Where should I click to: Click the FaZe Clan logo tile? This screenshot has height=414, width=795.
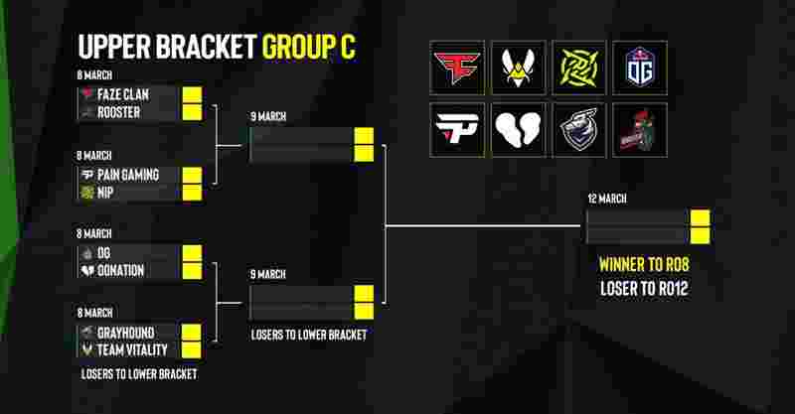[x=457, y=68]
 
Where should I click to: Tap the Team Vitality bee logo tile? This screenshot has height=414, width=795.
[x=518, y=68]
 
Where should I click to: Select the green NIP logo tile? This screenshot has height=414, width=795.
[x=579, y=68]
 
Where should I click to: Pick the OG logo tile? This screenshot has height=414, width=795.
[x=640, y=68]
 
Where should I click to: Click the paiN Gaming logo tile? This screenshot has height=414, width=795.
[x=457, y=130]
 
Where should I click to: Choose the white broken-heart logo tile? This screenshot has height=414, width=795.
[x=518, y=130]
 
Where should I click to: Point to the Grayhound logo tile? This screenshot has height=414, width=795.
[x=579, y=130]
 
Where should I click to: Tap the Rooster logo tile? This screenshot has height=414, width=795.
[x=640, y=130]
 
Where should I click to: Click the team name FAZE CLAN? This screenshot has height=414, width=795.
[x=123, y=94]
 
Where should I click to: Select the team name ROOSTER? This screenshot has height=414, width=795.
[x=118, y=112]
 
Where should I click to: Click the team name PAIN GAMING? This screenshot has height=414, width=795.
[x=128, y=175]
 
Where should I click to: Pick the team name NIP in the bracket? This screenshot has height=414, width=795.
[x=105, y=193]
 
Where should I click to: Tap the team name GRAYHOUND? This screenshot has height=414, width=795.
[x=126, y=333]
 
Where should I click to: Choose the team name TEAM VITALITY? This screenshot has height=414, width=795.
[x=132, y=350]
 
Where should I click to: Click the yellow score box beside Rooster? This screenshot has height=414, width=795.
[x=192, y=112]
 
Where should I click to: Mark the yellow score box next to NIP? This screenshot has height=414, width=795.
[x=192, y=193]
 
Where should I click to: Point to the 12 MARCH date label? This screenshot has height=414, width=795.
[x=607, y=199]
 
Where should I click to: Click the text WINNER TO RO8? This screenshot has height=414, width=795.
[x=644, y=264]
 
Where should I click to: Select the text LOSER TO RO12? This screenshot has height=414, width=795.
[x=644, y=288]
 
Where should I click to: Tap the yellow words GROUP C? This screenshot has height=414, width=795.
[x=309, y=47]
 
